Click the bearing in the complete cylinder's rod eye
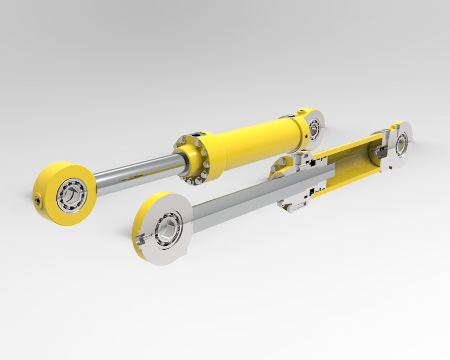(x=71, y=195)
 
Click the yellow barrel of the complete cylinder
(x=253, y=140)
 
